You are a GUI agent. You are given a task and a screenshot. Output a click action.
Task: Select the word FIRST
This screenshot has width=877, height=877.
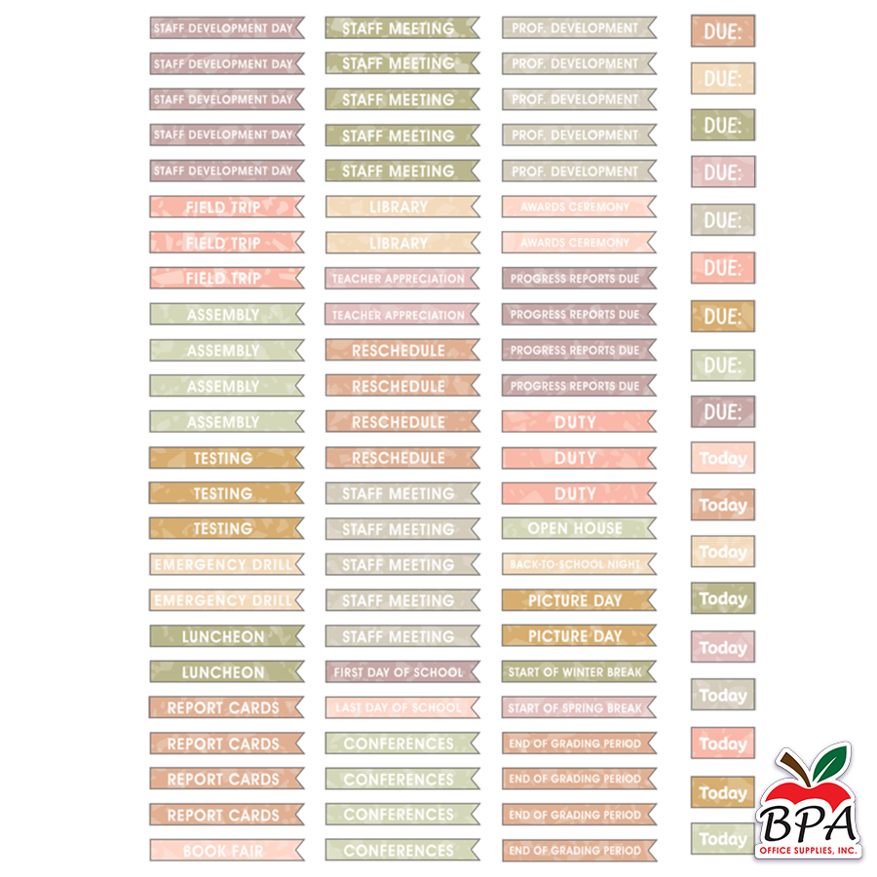349,672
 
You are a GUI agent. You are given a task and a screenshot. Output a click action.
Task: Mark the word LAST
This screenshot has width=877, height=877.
349,708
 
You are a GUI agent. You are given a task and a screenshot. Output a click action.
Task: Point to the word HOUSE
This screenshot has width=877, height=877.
598,529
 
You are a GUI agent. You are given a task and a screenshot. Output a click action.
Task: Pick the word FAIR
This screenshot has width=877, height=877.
247,851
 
